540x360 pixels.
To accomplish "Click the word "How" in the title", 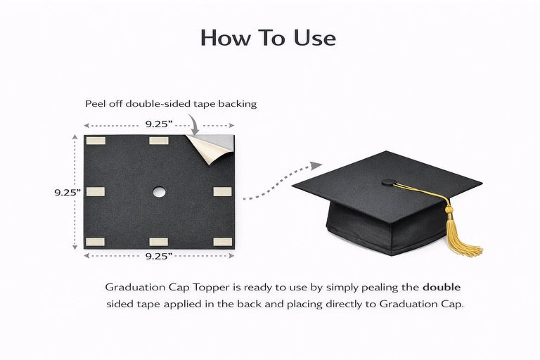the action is pyautogui.click(x=226, y=37).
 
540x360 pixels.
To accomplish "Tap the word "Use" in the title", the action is pyautogui.click(x=315, y=37).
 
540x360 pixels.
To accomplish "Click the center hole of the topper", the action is pyautogui.click(x=159, y=192).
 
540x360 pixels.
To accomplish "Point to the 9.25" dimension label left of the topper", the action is pyautogui.click(x=67, y=192).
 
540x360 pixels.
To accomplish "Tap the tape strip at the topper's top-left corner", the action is pyautogui.click(x=96, y=141).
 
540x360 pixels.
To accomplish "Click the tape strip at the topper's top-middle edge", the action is pyautogui.click(x=159, y=141).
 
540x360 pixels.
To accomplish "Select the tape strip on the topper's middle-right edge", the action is pyautogui.click(x=222, y=191).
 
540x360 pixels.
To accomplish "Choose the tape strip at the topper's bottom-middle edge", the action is pyautogui.click(x=159, y=241).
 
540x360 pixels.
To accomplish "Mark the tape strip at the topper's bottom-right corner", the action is pyautogui.click(x=222, y=242).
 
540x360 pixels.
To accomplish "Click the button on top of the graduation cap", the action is pyautogui.click(x=389, y=182).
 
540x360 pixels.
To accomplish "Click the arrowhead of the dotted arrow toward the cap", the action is pyautogui.click(x=316, y=165).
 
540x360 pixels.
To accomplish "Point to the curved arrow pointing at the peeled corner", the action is pyautogui.click(x=194, y=124).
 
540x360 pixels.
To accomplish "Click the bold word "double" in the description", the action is pyautogui.click(x=442, y=287).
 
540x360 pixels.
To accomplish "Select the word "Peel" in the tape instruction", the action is pyautogui.click(x=94, y=103).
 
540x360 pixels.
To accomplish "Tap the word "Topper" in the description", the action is pyautogui.click(x=211, y=288).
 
